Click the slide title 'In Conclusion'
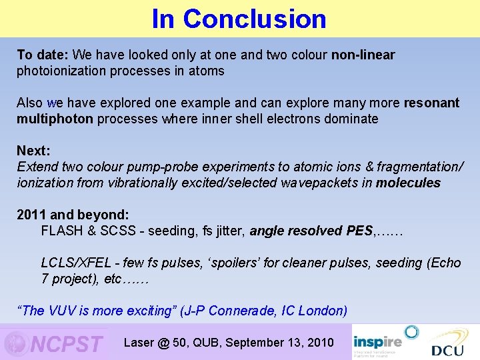click(x=239, y=19)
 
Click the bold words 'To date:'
click(x=43, y=55)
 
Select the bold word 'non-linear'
click(x=363, y=55)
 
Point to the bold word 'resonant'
click(x=431, y=103)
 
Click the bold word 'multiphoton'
click(x=55, y=119)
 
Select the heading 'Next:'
click(x=34, y=151)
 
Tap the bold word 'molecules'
click(x=408, y=183)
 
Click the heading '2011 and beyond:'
click(x=73, y=215)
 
